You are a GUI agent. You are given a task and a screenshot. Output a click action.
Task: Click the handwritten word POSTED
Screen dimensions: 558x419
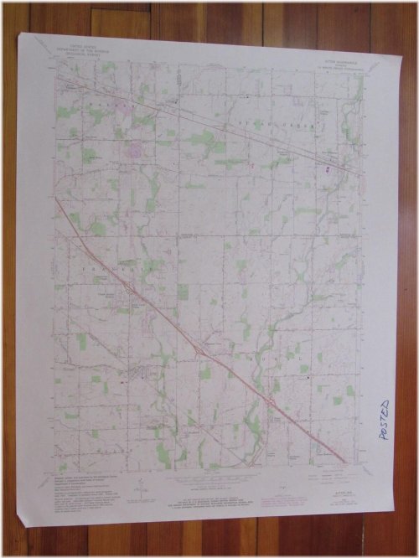pyautogui.click(x=385, y=420)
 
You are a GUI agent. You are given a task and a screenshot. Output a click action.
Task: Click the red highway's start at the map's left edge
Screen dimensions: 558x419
pyautogui.click(x=57, y=199)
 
